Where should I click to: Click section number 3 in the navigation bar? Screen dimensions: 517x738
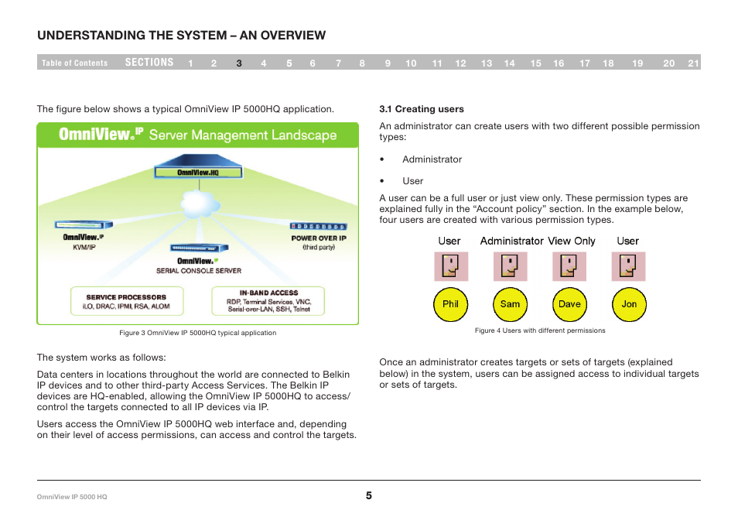[x=239, y=63]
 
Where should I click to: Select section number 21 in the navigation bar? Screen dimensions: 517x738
[x=693, y=63]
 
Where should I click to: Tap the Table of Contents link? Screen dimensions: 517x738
[x=75, y=63]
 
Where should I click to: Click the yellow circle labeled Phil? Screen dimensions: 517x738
[x=450, y=304]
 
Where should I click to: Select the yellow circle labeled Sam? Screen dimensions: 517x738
[x=510, y=304]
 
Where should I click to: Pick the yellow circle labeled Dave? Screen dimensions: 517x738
[x=569, y=304]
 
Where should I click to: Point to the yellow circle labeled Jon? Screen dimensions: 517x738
[x=629, y=304]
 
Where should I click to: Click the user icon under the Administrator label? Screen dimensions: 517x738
[x=510, y=266]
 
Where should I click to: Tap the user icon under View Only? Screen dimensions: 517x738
[x=569, y=266]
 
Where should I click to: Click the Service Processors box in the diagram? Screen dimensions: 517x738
[x=126, y=301]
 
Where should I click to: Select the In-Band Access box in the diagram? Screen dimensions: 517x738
[x=268, y=301]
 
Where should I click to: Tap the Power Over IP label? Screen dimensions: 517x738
[x=318, y=238]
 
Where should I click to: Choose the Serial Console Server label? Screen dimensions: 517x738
[x=199, y=271]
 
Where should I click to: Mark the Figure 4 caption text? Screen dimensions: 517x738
[x=540, y=330]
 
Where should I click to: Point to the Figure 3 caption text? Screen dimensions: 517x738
[x=197, y=333]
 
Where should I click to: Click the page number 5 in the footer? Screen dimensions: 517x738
[x=369, y=495]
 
